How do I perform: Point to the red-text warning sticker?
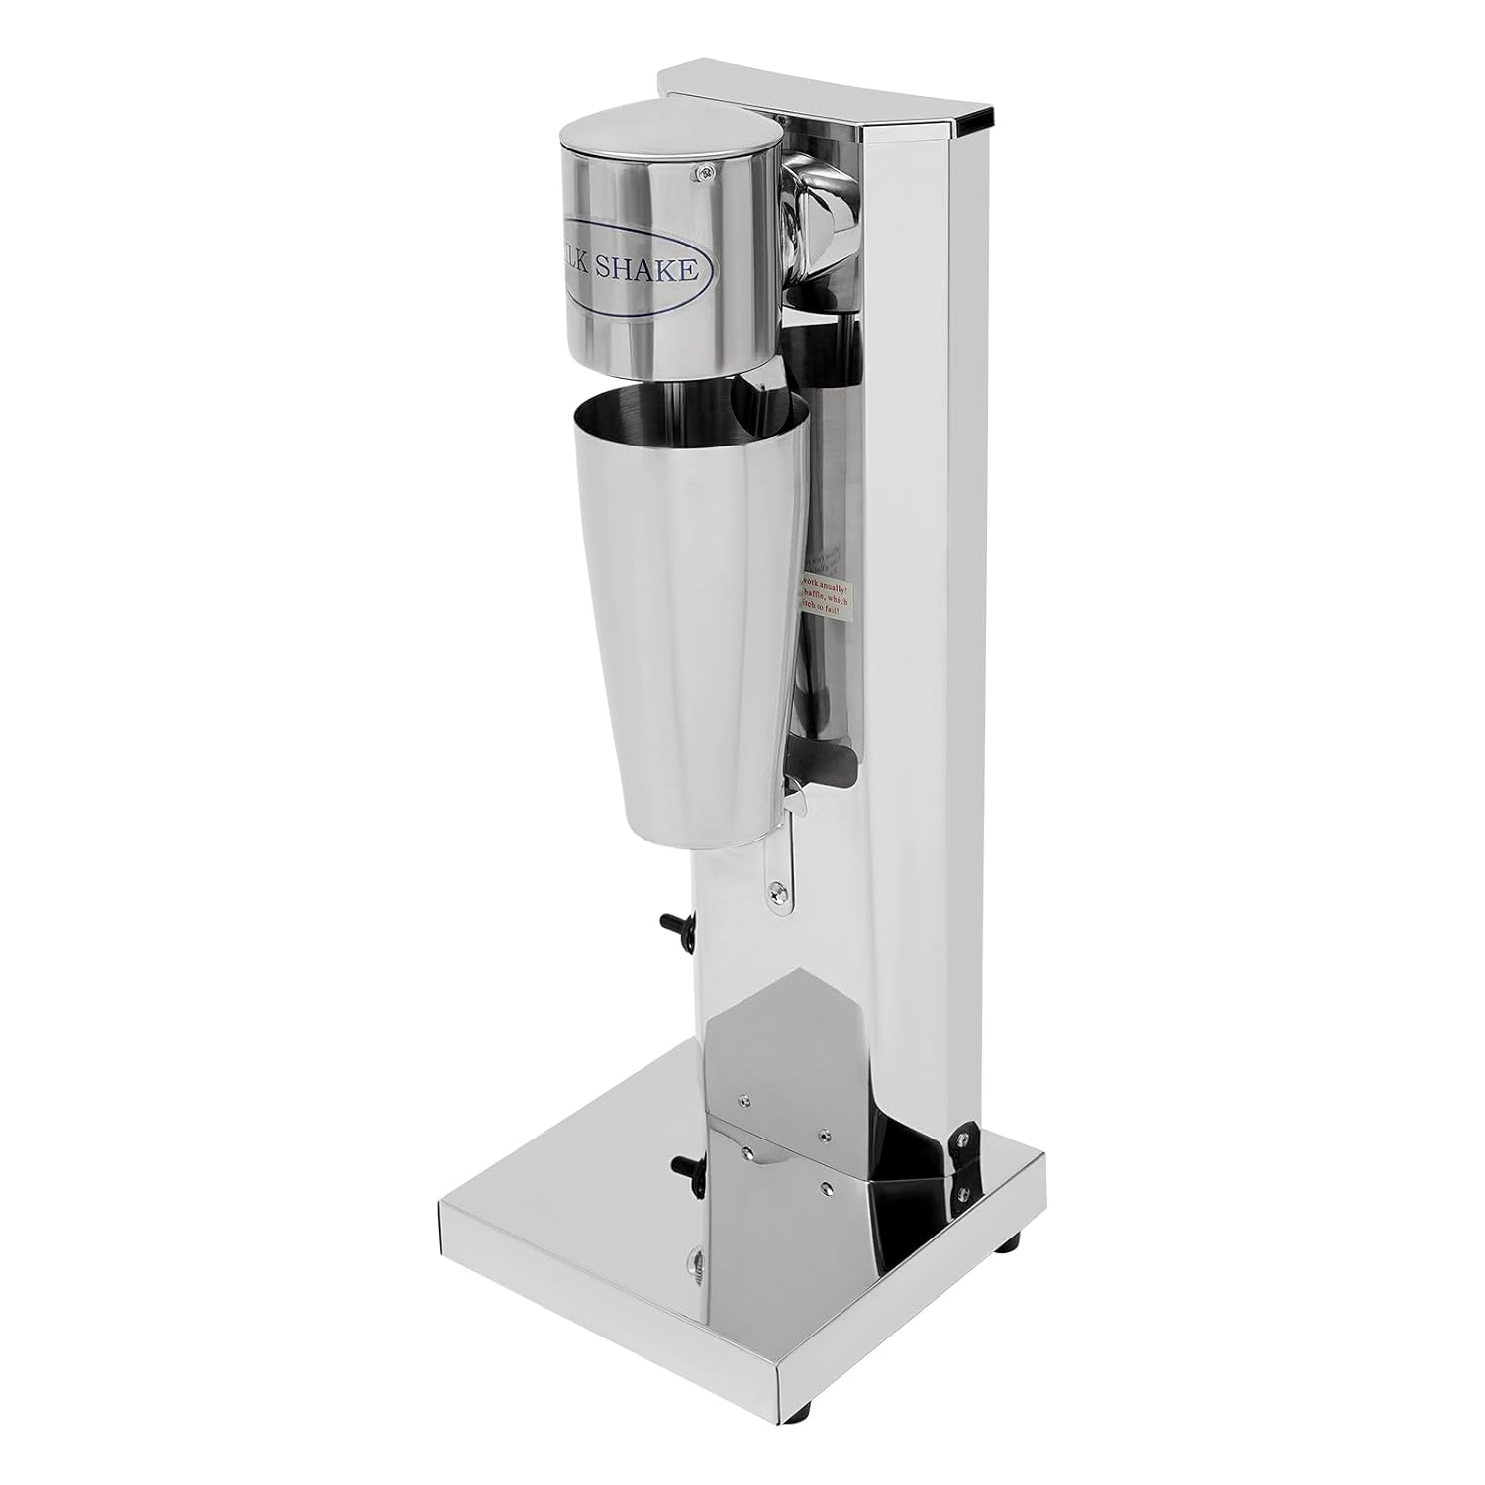pos(830,594)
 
